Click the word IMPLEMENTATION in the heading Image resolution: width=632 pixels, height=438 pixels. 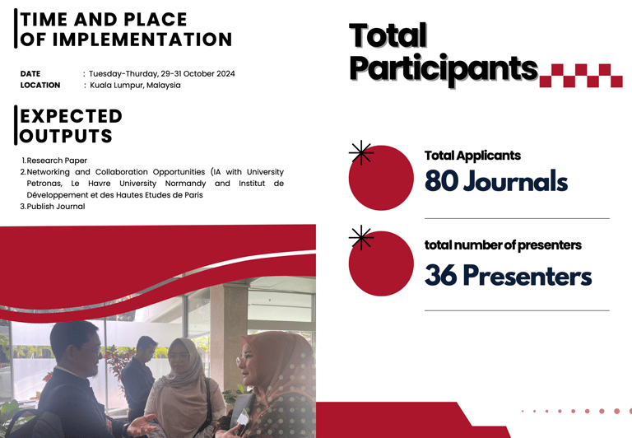point(142,40)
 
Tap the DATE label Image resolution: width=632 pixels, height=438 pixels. point(30,74)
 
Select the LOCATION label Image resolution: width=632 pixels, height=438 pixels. point(40,85)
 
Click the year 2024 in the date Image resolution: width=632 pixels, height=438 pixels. point(225,74)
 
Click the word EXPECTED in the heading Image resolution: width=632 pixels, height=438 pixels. point(72,116)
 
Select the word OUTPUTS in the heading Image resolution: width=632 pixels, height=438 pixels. point(66,136)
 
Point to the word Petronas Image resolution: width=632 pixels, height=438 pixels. point(44,184)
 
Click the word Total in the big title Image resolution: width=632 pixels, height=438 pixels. point(388,35)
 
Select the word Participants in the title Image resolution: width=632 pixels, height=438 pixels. point(444,69)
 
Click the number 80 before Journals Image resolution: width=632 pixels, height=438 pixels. point(441,180)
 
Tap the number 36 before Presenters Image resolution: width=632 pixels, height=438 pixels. point(441,276)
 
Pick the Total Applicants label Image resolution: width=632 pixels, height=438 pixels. point(472,156)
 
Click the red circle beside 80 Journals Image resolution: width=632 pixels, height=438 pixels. point(381,178)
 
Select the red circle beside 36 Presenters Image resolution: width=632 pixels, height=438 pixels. point(381,263)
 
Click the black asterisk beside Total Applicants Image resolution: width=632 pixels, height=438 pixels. point(361,153)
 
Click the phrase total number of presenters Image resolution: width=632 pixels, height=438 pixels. point(503,245)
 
